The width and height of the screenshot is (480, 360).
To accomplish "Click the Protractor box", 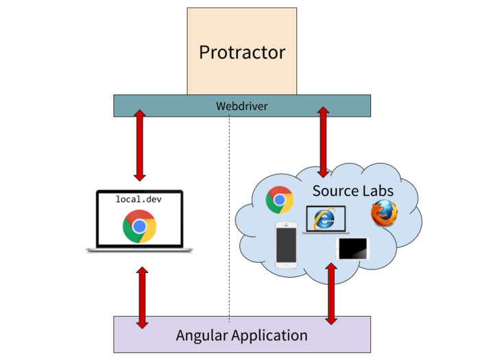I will (x=242, y=51).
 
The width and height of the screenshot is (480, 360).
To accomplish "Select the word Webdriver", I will (x=242, y=106).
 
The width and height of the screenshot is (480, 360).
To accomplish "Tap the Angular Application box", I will (x=242, y=335).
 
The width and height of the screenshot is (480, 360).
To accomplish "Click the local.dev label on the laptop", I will (x=140, y=200).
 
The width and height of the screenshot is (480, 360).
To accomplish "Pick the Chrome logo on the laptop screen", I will (x=140, y=226).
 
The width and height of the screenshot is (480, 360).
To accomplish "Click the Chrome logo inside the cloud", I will (x=280, y=200).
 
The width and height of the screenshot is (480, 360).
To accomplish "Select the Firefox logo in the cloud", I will (x=384, y=213).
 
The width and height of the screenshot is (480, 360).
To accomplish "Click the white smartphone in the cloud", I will (x=286, y=245).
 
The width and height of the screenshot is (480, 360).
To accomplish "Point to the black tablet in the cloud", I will (x=353, y=248).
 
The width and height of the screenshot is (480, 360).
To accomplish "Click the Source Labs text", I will (x=353, y=190).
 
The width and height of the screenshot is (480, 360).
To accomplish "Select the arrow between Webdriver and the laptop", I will (x=140, y=145).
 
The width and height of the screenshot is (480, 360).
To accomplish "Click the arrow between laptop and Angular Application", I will (x=143, y=297).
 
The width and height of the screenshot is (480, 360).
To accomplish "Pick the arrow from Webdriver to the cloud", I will (x=323, y=141).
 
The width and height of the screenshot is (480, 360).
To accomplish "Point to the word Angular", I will (x=202, y=335).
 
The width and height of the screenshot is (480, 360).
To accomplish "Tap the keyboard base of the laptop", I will (x=140, y=251).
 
